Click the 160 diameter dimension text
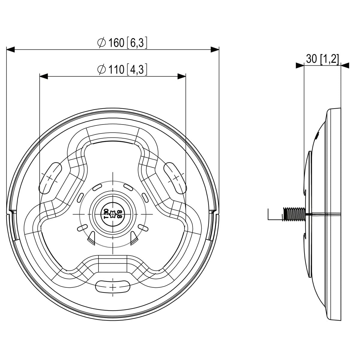pyautogui.click(x=122, y=43)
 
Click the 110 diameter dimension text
pyautogui.click(x=122, y=70)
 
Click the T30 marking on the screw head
pyautogui.click(x=106, y=214)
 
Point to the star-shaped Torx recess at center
pyautogui.click(x=113, y=214)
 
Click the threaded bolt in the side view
pyautogui.click(x=294, y=214)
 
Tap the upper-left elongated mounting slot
pyautogui.click(x=50, y=178)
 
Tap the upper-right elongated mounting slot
pyautogui.click(x=175, y=178)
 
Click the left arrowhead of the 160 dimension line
pyautogui.click(x=10, y=50)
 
